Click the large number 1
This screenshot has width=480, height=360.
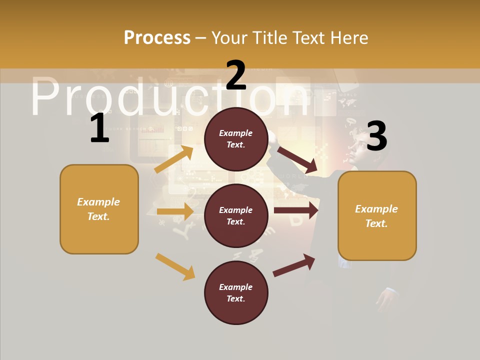tap(99, 128)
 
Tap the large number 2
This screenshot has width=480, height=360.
tap(236, 75)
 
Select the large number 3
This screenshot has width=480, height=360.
tap(376, 136)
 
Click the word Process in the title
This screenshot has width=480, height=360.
tap(157, 37)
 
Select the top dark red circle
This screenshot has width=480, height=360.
tap(236, 139)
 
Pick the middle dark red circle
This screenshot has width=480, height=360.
tap(236, 215)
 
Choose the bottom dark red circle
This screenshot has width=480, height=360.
tap(236, 292)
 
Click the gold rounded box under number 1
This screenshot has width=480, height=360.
tap(99, 209)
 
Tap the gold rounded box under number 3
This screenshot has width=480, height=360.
tap(377, 215)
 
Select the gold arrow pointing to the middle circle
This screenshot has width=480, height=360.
tap(175, 211)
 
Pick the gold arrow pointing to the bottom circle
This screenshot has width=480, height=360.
tap(175, 266)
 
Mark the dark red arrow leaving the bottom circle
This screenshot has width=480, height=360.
tap(294, 265)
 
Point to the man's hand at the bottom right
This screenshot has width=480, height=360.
tap(387, 300)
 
